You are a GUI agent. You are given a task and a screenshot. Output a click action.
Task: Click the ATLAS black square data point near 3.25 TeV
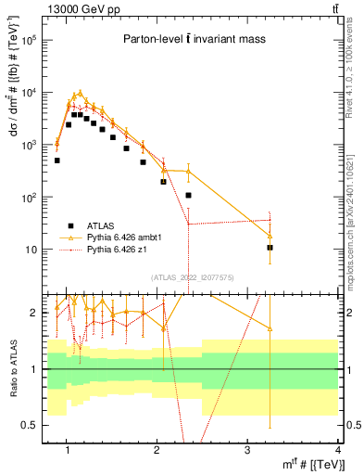pos(270,248)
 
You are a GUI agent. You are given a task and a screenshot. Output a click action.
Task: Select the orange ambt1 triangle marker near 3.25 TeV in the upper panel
pos(270,236)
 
